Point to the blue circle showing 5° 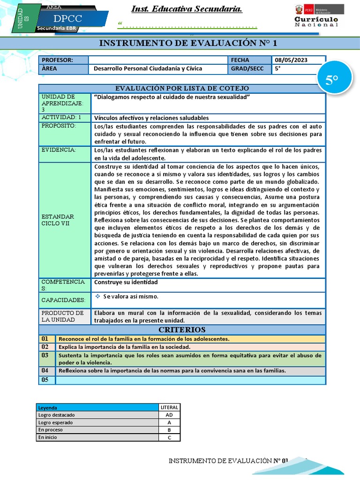pyautogui.click(x=332, y=80)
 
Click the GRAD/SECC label pyautogui.click(x=247, y=68)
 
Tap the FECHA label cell pyautogui.click(x=240, y=60)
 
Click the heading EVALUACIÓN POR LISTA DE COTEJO pyautogui.click(x=182, y=88)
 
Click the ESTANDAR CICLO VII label pyautogui.click(x=58, y=220)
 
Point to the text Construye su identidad pyautogui.click(x=126, y=282)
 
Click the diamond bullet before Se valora pyautogui.click(x=97, y=296)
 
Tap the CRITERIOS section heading pyautogui.click(x=182, y=330)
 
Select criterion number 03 pyautogui.click(x=45, y=355)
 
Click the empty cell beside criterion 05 pyautogui.click(x=190, y=380)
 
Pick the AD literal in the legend pyautogui.click(x=169, y=415)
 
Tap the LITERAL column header pyautogui.click(x=169, y=407)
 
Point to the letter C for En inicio pyautogui.click(x=169, y=437)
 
